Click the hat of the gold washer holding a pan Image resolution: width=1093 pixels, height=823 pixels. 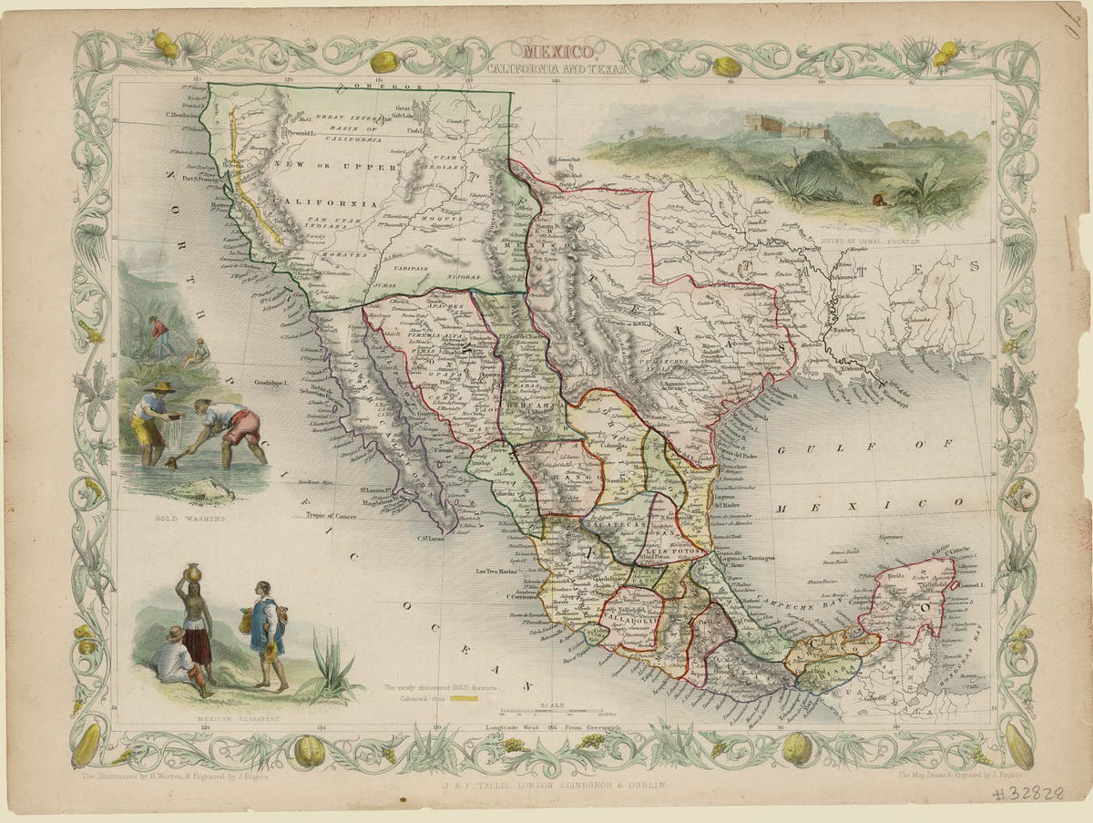tap(160, 388)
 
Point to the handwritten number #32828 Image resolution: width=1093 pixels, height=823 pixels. tap(1028, 793)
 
